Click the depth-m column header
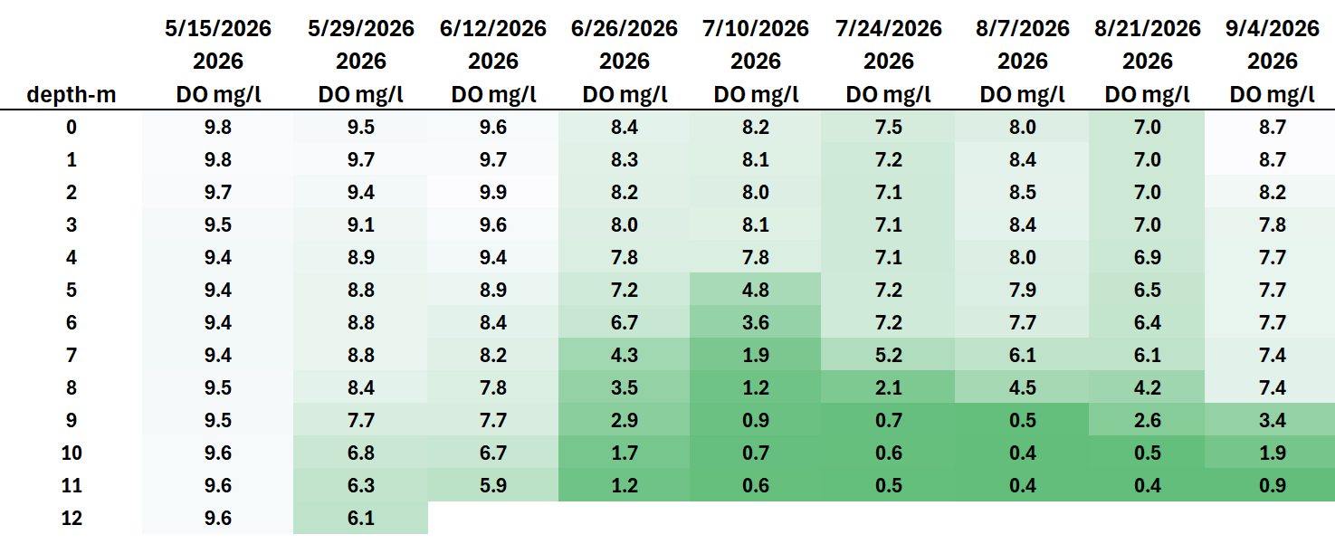point(71,95)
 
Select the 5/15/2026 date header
point(218,29)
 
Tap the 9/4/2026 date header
point(1273,29)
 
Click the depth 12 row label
point(71,518)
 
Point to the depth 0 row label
point(71,127)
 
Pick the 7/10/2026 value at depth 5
point(756,290)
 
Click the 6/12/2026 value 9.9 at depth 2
point(493,192)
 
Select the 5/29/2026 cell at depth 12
point(360,518)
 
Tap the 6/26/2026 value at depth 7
point(624,355)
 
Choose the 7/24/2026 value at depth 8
point(889,387)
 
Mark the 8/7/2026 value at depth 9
point(1022,420)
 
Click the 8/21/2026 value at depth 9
point(1148,420)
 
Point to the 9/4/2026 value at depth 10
point(1273,453)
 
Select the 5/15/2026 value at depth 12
point(217,518)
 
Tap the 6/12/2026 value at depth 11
point(493,485)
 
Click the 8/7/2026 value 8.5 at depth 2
point(1022,192)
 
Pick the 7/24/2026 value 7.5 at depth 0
point(889,127)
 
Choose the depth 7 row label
point(71,355)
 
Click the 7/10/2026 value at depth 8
point(756,387)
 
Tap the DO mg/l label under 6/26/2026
point(624,94)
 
